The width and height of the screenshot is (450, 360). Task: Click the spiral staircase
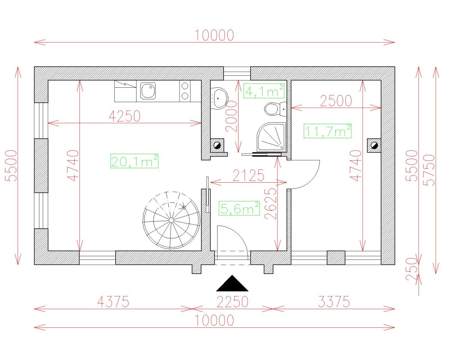pos(171,220)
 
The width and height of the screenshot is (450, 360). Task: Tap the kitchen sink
pos(148,91)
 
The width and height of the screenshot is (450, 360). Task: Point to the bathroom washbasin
pos(219,97)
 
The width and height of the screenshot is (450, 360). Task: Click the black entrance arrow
pos(232,284)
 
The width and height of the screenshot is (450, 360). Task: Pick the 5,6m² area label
pos(239,208)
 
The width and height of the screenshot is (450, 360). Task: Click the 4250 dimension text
pos(124,116)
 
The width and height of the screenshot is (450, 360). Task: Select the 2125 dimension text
pos(249,175)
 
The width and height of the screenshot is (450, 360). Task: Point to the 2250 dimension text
pos(232,301)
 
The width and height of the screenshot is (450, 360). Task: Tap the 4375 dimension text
pos(113,301)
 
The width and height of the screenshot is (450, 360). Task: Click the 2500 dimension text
pos(336,101)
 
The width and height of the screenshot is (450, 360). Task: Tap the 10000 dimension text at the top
pos(214,35)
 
